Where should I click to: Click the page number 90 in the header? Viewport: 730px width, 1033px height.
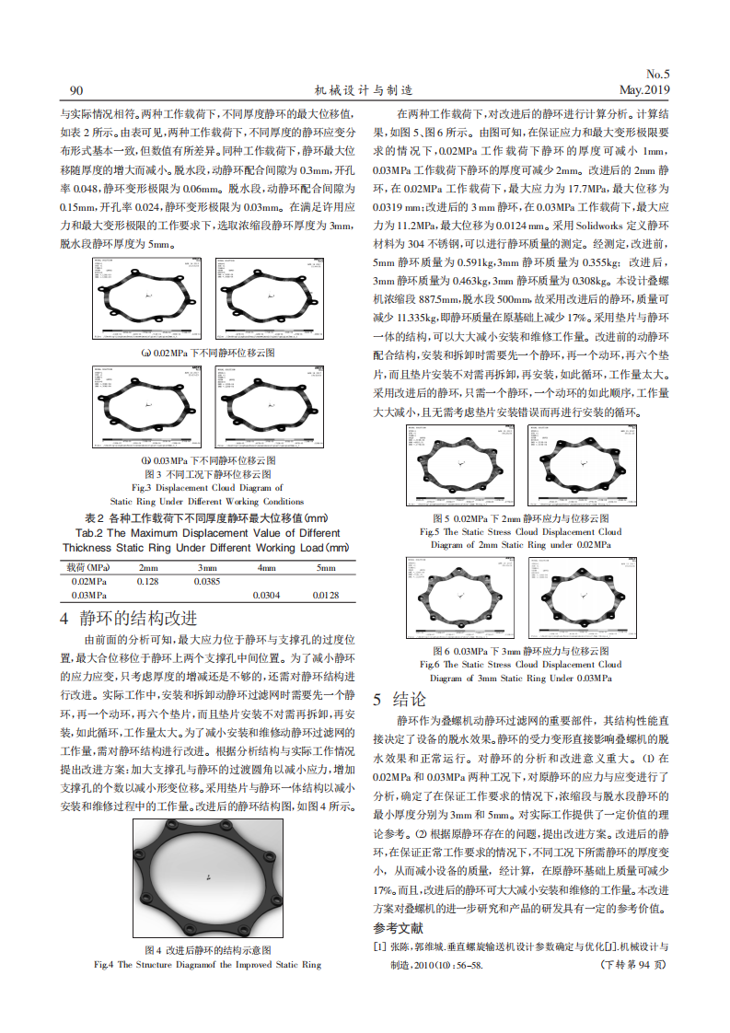(x=76, y=90)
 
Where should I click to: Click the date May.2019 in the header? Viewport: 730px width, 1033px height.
(x=643, y=90)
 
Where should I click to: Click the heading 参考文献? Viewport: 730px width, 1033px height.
(x=399, y=927)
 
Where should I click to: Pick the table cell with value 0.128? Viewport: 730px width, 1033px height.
(x=148, y=582)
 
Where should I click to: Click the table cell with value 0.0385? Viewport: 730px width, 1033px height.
(x=207, y=582)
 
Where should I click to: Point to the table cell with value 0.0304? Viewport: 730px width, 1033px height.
(x=267, y=596)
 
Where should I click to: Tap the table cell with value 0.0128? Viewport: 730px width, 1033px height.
(x=326, y=596)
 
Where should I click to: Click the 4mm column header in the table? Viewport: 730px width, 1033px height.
(x=267, y=568)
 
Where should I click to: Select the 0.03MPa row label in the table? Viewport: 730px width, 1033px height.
(x=89, y=596)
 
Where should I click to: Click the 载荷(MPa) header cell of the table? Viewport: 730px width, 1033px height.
(x=89, y=568)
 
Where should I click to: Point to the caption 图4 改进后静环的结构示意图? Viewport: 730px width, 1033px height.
(x=207, y=949)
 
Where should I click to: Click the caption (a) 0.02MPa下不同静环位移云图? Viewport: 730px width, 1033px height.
(x=207, y=353)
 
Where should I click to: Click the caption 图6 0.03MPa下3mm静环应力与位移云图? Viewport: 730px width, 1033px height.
(x=520, y=650)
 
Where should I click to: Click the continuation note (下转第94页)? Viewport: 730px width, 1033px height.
(x=632, y=965)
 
